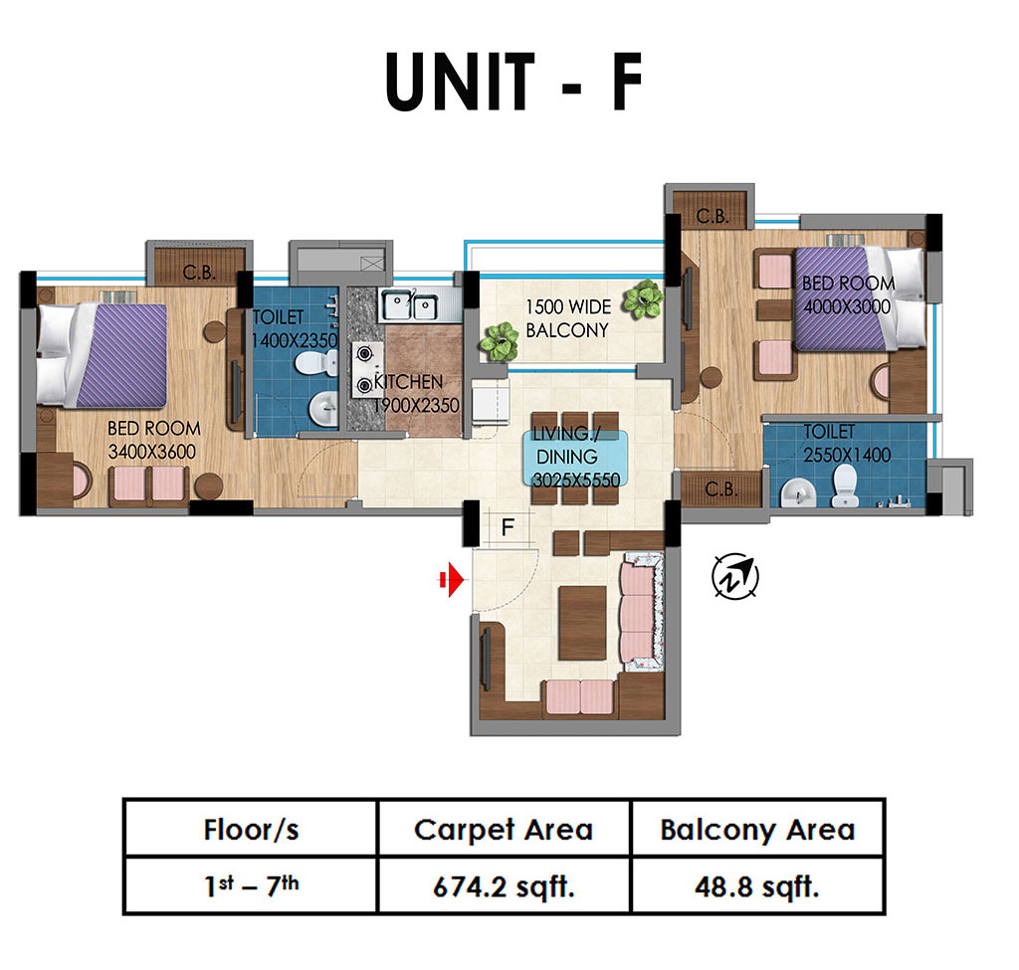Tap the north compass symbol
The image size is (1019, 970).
(x=735, y=576)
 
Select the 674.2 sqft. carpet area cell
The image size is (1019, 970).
(x=504, y=886)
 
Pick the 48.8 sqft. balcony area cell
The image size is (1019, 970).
(x=757, y=886)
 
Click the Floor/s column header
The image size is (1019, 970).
(x=251, y=829)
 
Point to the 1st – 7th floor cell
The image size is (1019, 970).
(x=251, y=886)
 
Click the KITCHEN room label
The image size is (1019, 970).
(x=408, y=381)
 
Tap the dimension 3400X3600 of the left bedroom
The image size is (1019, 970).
(x=152, y=452)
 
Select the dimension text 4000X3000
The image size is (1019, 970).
(x=847, y=306)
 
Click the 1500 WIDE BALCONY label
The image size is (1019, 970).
(x=568, y=318)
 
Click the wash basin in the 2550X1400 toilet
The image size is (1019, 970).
(x=798, y=492)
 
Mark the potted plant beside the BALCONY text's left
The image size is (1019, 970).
(x=500, y=342)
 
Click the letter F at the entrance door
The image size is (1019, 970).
(x=509, y=526)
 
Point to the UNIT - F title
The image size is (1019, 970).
(x=513, y=82)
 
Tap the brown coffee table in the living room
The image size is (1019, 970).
(x=582, y=623)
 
